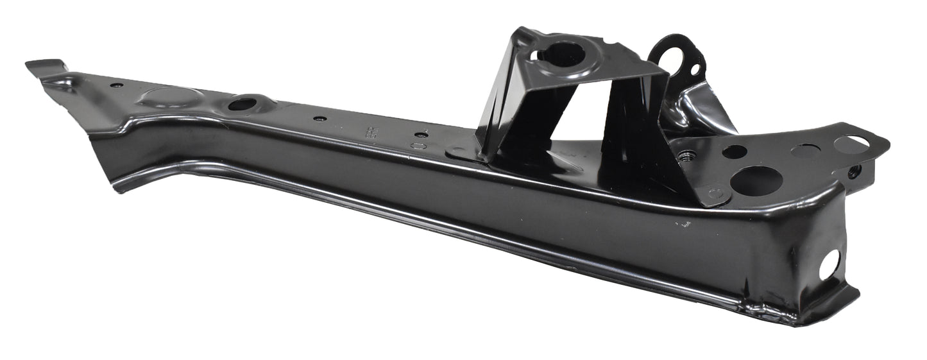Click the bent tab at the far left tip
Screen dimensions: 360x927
pos(46,66)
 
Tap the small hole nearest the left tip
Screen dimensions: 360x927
pos(116,85)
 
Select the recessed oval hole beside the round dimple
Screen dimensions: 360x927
pos(242,104)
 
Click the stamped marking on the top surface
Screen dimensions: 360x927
pos(370,133)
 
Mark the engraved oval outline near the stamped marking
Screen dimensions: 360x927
pos(418,146)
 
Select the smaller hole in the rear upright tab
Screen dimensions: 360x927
pos(695,68)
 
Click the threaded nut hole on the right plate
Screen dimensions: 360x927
pos(688,156)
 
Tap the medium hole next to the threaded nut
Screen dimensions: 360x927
pos(734,152)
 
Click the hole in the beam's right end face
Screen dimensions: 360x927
pos(829,264)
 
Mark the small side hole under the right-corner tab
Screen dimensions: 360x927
pos(854,171)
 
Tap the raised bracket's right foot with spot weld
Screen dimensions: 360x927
pos(713,194)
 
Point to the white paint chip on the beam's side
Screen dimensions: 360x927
pos(681,224)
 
